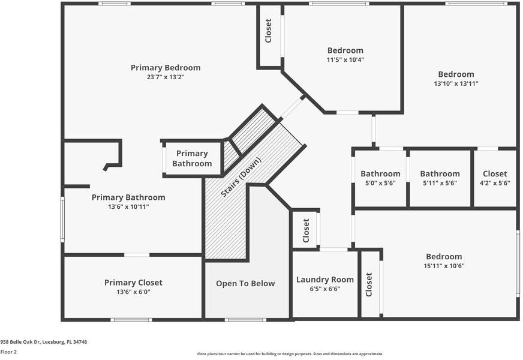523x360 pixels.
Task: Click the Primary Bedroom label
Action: pyautogui.click(x=166, y=68)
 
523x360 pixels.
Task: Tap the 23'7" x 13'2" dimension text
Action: pyautogui.click(x=166, y=77)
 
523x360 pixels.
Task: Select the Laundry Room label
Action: pyautogui.click(x=325, y=280)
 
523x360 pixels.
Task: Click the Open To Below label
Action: pyautogui.click(x=245, y=284)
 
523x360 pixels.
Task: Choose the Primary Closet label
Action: pyautogui.click(x=133, y=283)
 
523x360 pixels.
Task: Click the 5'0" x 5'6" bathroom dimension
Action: pyautogui.click(x=380, y=184)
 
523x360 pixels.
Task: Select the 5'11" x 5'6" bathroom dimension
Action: pyautogui.click(x=440, y=184)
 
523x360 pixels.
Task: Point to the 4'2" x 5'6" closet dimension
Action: pyautogui.click(x=495, y=184)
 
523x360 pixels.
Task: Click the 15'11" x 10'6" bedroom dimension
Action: pyautogui.click(x=444, y=266)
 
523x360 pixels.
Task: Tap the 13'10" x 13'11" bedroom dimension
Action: pyautogui.click(x=456, y=84)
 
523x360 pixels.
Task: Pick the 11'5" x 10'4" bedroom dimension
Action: pyautogui.click(x=345, y=60)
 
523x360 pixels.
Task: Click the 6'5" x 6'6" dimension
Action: pyautogui.click(x=325, y=289)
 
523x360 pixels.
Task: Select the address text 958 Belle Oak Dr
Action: pyautogui.click(x=44, y=342)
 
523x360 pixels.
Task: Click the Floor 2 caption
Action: pyautogui.click(x=8, y=352)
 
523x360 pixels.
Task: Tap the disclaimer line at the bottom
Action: pyautogui.click(x=290, y=354)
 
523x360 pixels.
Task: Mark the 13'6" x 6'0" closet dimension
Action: pyautogui.click(x=133, y=292)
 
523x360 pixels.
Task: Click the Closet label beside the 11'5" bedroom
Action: pyautogui.click(x=269, y=31)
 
